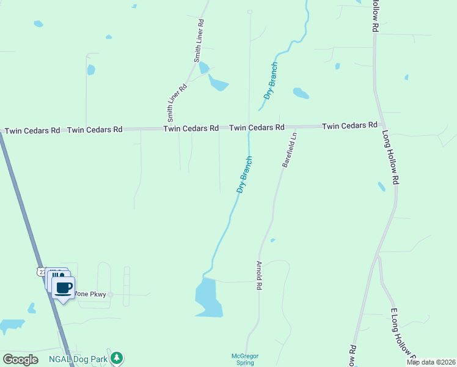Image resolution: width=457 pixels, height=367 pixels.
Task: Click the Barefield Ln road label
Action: click(289, 150)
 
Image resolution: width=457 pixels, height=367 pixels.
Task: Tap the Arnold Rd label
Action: click(259, 275)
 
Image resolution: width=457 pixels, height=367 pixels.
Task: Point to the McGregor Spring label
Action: click(241, 359)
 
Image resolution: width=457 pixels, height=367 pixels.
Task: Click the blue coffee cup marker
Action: click(63, 287)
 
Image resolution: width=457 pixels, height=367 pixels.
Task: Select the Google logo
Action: click(20, 360)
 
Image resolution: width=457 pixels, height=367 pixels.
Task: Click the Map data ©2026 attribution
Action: click(431, 362)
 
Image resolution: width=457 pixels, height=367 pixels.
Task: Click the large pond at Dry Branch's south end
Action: click(208, 298)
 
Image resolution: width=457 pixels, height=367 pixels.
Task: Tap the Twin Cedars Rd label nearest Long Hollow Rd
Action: click(349, 125)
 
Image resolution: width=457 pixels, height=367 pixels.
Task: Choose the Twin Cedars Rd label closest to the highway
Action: click(32, 130)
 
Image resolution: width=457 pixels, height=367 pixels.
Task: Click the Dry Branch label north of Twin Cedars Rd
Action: click(271, 80)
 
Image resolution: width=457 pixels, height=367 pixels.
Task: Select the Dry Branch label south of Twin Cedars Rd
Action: click(244, 175)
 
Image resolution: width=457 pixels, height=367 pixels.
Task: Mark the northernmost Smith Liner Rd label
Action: click(199, 40)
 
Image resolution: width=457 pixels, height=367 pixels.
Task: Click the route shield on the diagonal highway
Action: click(42, 271)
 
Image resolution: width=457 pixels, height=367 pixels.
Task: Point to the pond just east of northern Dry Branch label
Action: click(301, 93)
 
